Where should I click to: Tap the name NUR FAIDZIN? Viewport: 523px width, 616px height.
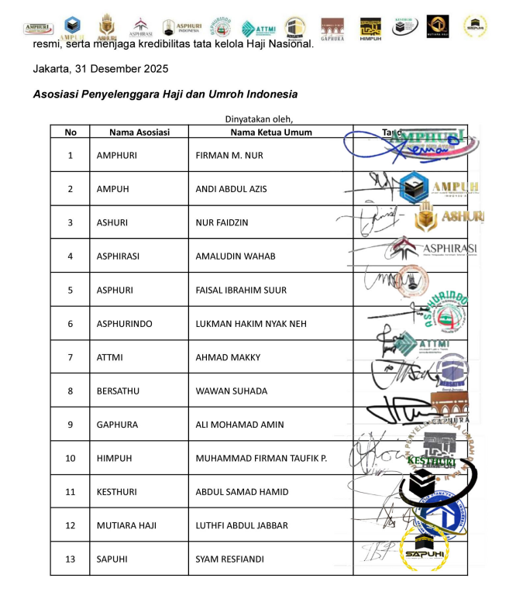click(222, 222)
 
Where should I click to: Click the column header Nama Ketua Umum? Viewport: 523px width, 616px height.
click(271, 132)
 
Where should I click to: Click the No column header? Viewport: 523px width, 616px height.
click(71, 132)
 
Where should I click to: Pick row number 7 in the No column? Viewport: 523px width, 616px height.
click(71, 357)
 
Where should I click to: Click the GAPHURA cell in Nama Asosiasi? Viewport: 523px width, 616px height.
click(117, 425)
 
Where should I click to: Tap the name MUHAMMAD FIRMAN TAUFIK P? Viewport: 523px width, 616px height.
click(261, 459)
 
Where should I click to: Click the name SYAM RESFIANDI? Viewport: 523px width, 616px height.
click(231, 559)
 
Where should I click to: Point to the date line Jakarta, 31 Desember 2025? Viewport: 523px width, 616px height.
click(101, 69)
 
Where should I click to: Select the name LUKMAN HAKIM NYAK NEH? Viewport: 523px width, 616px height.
click(253, 324)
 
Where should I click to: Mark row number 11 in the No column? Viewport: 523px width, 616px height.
click(71, 492)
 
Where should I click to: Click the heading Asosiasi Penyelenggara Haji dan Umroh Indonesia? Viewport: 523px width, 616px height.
click(165, 95)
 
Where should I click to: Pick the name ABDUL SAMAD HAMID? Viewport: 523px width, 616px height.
click(242, 492)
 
